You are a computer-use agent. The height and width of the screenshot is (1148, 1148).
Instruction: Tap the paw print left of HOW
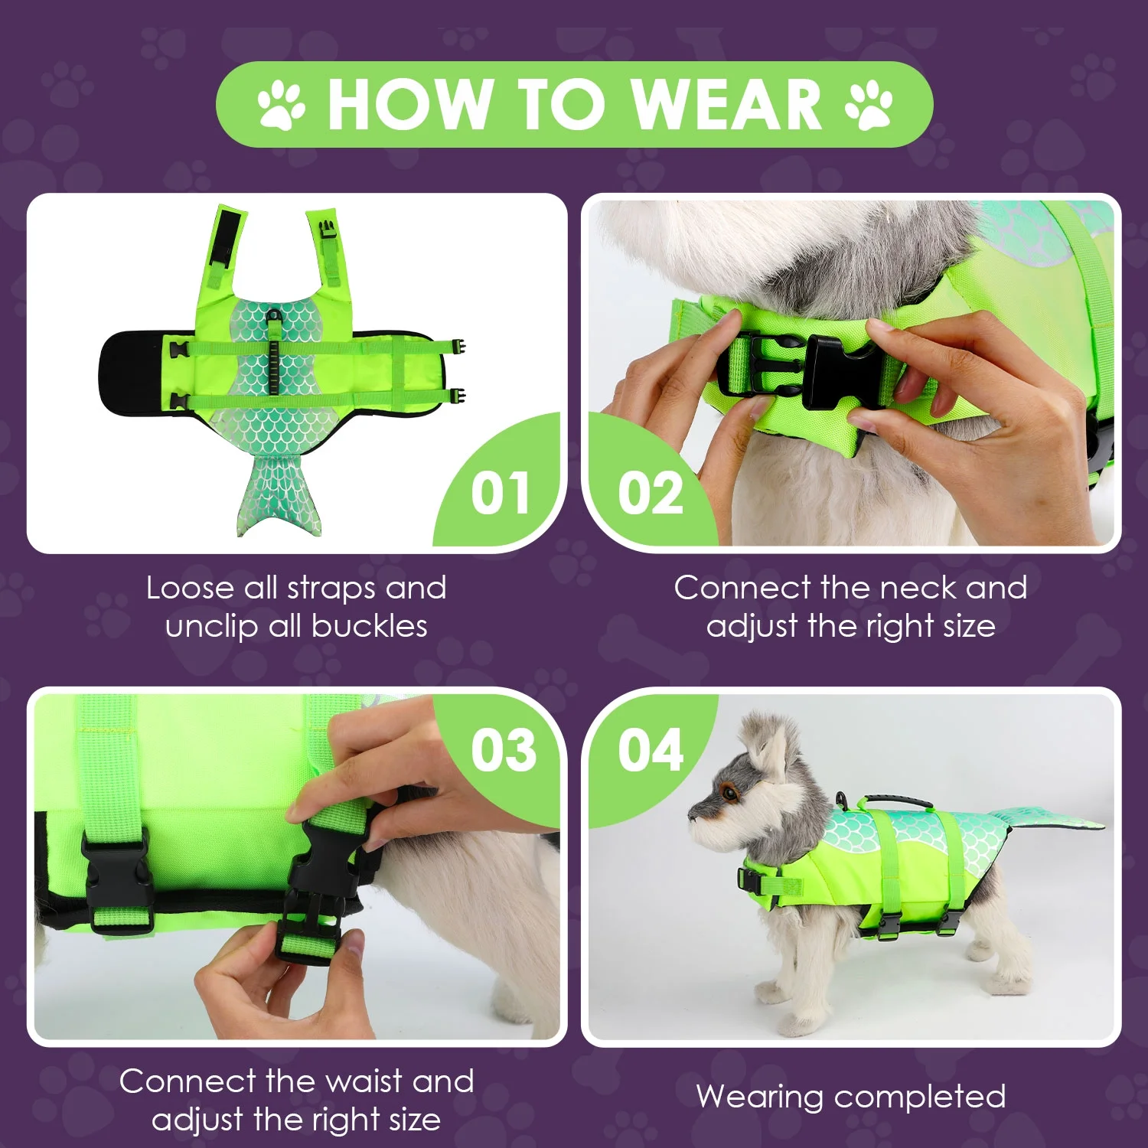pos(281,106)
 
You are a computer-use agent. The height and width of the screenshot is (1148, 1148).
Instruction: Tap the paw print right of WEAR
pos(869,105)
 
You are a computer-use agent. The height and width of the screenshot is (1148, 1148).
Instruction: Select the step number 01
pos(500,494)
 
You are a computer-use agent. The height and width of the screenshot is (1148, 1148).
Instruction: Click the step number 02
pos(651,494)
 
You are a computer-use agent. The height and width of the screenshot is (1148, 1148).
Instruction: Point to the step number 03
pos(503,750)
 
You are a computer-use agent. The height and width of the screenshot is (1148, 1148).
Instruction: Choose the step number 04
pos(651,750)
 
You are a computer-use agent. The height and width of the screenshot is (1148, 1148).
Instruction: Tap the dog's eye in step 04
pos(729,794)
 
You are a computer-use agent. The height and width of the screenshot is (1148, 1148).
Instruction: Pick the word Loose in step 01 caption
pos(191,588)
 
